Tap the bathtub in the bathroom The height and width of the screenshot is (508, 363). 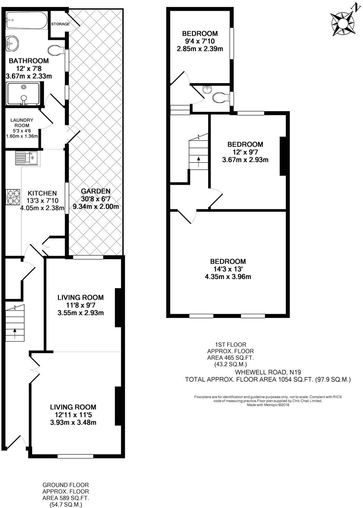[27, 20]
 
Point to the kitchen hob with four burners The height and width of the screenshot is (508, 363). [13, 197]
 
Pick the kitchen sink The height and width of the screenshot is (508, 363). [26, 158]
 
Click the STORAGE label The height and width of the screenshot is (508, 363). [60, 24]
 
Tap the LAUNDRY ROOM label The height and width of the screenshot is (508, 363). [22, 123]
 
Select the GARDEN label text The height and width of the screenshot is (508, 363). [96, 191]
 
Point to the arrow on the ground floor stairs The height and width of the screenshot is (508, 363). [15, 334]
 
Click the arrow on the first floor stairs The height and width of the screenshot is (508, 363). [199, 162]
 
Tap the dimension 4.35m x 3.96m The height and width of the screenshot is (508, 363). [228, 277]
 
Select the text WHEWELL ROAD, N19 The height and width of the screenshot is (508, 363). [268, 372]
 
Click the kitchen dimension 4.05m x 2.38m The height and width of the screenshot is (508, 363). [42, 208]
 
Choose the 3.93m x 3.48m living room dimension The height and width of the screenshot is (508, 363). [73, 423]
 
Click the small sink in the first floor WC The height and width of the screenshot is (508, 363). [207, 89]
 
